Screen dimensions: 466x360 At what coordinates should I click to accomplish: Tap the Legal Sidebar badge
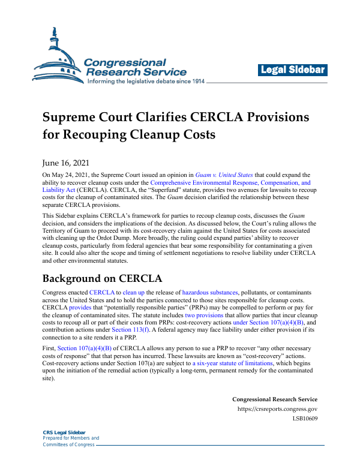(x=293, y=70)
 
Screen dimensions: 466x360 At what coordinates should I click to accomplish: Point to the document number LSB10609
(x=305, y=419)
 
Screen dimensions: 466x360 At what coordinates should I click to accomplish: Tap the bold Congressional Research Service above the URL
(x=275, y=399)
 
